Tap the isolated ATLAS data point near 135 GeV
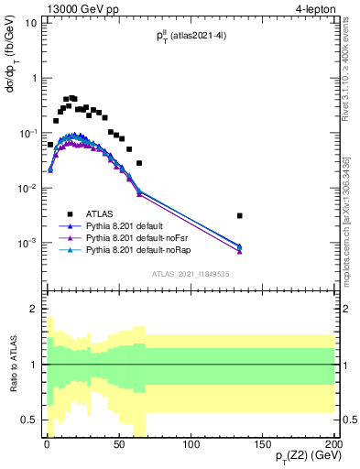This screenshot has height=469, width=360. click(239, 216)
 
